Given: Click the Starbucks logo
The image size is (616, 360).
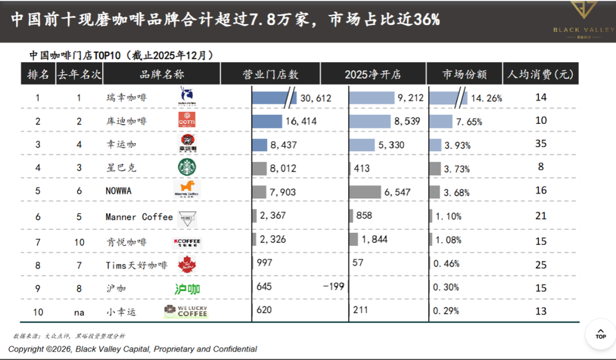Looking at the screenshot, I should click(187, 167).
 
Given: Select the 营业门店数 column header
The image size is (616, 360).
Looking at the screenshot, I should click(270, 75).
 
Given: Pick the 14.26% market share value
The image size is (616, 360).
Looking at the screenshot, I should click(486, 98).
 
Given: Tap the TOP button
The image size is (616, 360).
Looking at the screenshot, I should click(600, 333).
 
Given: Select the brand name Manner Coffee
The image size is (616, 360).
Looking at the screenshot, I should click(139, 217).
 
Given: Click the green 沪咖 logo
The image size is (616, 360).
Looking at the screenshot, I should click(187, 288).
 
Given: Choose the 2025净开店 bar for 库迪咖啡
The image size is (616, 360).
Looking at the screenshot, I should click(370, 121).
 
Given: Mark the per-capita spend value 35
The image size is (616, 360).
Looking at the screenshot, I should click(541, 144).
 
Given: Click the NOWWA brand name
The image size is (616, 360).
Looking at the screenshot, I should click(118, 191).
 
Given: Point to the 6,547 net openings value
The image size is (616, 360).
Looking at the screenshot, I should click(397, 192).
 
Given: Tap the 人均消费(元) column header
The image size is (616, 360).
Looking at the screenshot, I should click(540, 75).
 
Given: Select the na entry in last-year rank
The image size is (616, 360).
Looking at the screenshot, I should click(79, 312).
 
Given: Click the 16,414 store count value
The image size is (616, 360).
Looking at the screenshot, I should click(301, 121).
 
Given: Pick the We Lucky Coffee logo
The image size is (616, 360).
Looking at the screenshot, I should click(186, 311).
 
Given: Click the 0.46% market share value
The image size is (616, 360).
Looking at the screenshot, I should click(447, 264).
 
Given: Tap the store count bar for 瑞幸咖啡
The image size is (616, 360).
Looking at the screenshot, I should click(271, 98).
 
